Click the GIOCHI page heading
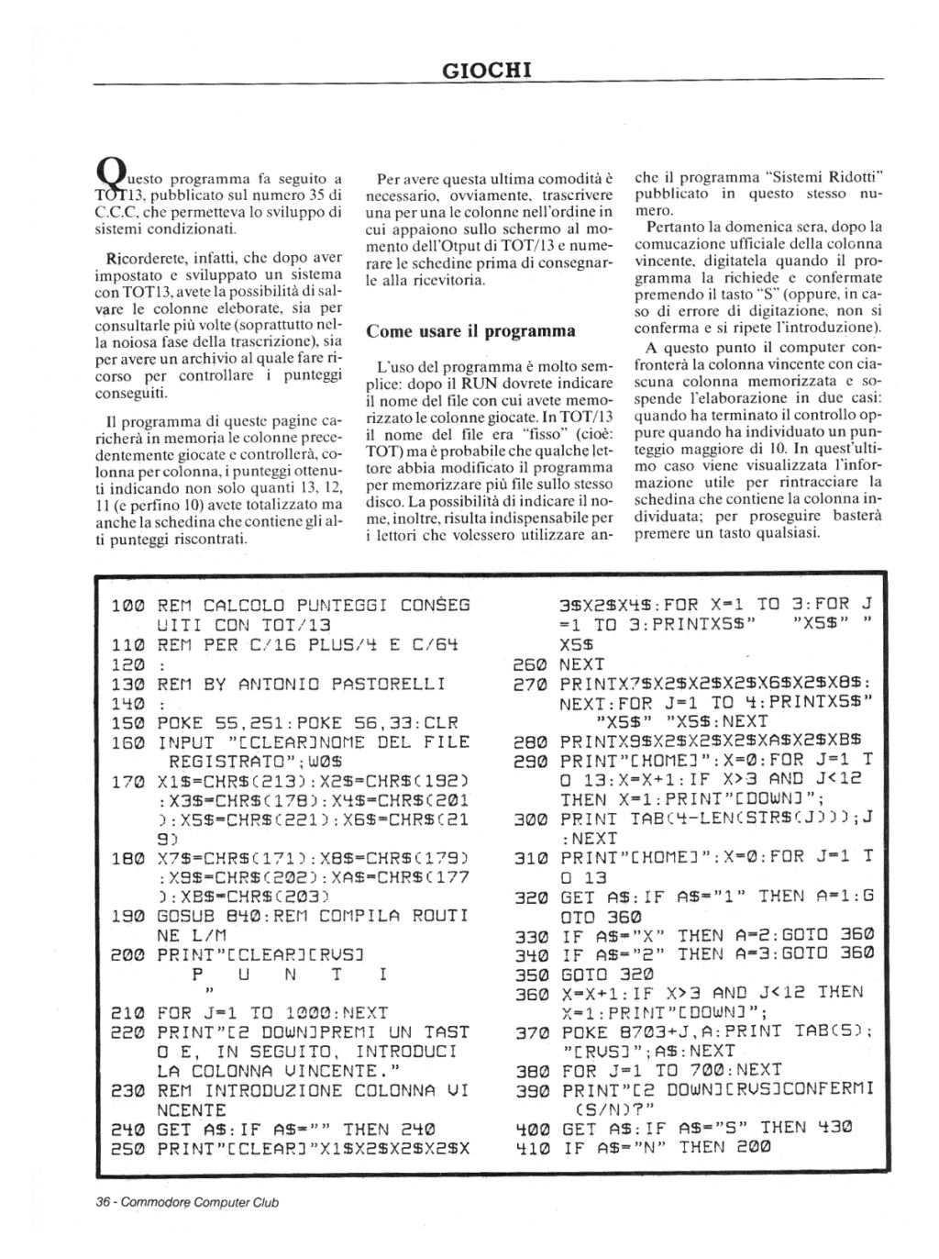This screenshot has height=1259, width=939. point(487,69)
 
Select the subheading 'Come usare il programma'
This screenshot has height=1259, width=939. point(470,330)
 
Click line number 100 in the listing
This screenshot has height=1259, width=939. point(127,606)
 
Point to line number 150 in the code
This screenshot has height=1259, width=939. point(127,723)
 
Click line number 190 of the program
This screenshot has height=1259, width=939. point(127,916)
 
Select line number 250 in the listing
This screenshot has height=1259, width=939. point(127,1148)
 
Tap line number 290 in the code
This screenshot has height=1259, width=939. point(529,761)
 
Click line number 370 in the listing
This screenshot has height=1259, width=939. point(529,1032)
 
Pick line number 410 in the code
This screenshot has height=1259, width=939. point(529,1148)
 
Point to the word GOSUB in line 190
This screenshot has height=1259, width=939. point(186,916)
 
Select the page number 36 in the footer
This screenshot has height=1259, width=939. point(104,1201)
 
